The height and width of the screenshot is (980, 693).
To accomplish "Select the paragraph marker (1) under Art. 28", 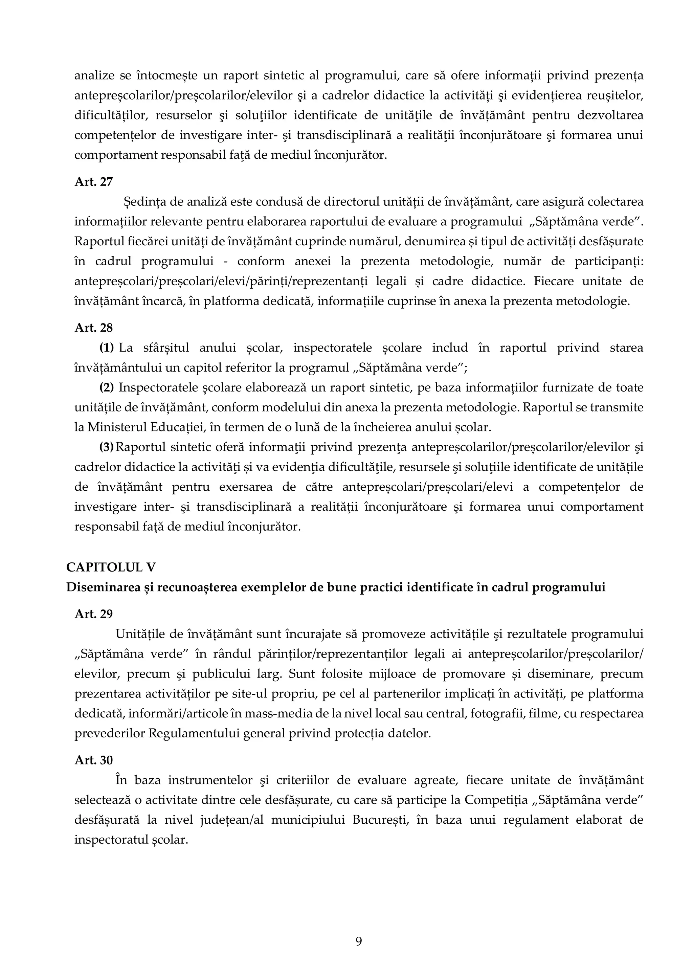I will [107, 348].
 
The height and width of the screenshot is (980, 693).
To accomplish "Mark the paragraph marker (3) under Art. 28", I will [107, 447].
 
